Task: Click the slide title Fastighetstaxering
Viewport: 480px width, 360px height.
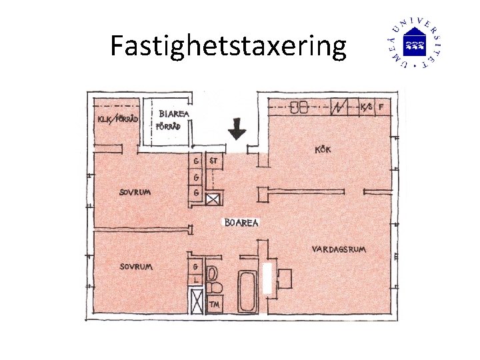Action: tap(228, 47)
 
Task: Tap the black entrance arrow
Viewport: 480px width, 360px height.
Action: tap(236, 128)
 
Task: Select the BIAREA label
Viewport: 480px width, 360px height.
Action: tap(173, 114)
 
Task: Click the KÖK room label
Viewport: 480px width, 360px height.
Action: tap(323, 150)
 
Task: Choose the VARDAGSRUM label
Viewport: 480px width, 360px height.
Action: tap(339, 249)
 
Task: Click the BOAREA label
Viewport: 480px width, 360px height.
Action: tap(241, 223)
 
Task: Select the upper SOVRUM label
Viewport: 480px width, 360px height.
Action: tap(135, 192)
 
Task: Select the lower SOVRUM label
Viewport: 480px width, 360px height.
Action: tap(136, 266)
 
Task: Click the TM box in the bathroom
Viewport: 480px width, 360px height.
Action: tap(215, 305)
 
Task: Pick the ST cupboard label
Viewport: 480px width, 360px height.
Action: tap(215, 161)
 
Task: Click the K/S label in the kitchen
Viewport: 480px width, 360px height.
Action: tap(365, 106)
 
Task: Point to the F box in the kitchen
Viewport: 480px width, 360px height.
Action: tap(381, 106)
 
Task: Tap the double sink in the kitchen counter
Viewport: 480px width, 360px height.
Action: tap(298, 107)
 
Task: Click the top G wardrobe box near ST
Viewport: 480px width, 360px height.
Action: tap(196, 161)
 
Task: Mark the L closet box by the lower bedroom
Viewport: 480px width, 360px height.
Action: tap(195, 279)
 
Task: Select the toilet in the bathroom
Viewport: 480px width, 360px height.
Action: tap(213, 279)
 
